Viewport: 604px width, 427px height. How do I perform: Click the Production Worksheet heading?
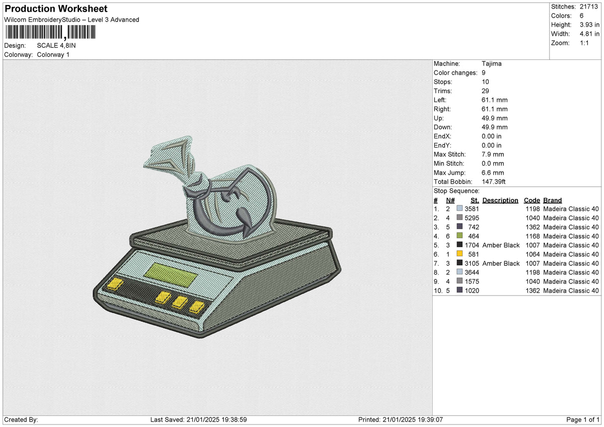(56, 9)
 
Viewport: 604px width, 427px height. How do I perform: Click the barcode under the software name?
(51, 32)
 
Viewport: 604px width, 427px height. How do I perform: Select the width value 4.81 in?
(589, 34)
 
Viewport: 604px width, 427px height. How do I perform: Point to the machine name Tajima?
(492, 64)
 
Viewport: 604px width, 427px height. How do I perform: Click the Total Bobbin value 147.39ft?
(493, 182)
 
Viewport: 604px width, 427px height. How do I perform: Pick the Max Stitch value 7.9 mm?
(493, 155)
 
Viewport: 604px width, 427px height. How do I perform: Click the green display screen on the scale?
(171, 275)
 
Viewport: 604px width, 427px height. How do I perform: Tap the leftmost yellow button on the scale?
(115, 284)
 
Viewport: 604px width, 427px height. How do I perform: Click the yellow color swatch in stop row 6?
(460, 254)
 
